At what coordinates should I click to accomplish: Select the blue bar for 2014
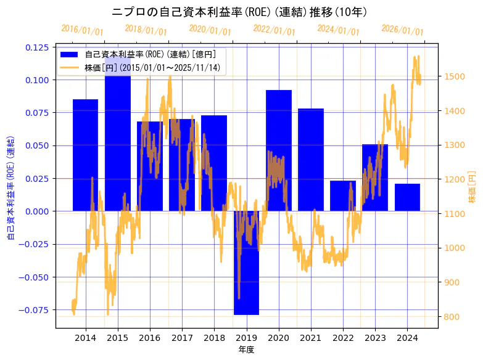pos(85,155)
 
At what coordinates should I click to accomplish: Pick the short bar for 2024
pos(407,197)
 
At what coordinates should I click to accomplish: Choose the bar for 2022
pos(343,196)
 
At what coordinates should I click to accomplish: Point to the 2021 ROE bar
pos(311,160)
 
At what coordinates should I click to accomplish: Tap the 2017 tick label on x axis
pos(182,338)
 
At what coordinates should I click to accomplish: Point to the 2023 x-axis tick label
pos(375,338)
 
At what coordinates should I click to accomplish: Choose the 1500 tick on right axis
pos(453,76)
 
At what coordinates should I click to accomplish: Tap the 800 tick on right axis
pos(452,317)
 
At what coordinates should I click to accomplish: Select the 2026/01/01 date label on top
pos(403,30)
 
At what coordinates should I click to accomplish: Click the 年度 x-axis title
pos(247,350)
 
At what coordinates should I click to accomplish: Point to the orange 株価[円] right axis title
pos(472,188)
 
